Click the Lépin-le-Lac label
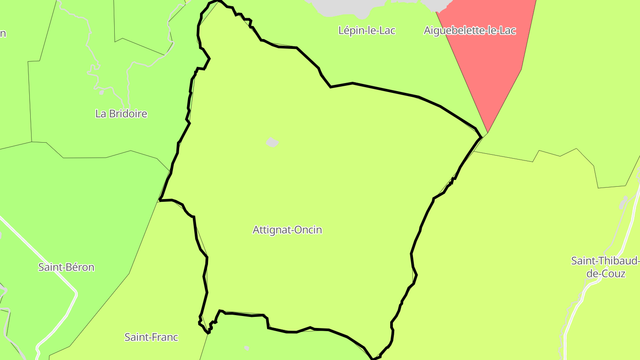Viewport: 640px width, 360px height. (x=367, y=31)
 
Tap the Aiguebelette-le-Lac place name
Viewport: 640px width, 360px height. (x=470, y=31)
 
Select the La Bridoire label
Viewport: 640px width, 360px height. (x=121, y=114)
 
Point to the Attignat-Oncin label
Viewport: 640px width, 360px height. (x=287, y=230)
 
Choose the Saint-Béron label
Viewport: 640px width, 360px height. (x=66, y=268)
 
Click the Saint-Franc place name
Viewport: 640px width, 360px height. (x=151, y=337)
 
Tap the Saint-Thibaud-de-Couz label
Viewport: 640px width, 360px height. (x=605, y=267)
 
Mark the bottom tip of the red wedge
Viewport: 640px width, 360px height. (x=488, y=132)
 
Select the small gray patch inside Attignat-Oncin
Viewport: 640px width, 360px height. (x=272, y=142)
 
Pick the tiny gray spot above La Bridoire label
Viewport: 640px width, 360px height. (x=101, y=92)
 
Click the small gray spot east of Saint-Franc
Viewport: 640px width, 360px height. (x=246, y=348)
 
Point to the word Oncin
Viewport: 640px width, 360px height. (x=308, y=230)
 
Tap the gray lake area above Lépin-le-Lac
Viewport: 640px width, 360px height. (x=347, y=7)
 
